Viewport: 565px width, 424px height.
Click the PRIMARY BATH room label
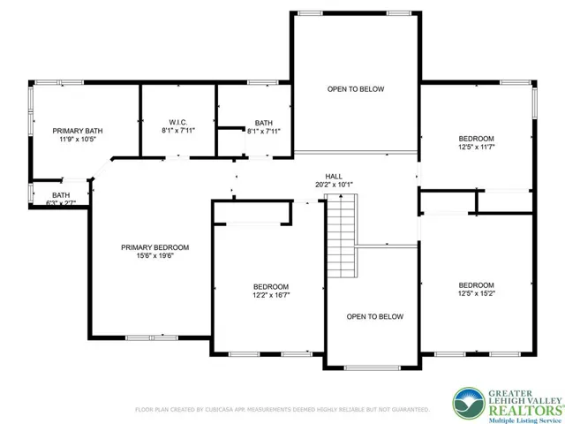coord(78,131)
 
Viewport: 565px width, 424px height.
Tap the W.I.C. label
coord(178,123)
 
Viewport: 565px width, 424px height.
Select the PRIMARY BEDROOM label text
coord(155,247)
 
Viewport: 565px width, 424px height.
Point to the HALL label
coord(334,177)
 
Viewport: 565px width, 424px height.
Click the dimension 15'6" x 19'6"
coord(155,256)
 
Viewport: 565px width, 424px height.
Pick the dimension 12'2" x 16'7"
coord(271,295)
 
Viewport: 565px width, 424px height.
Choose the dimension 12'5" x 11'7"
coord(477,148)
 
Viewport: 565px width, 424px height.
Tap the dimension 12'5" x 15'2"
coord(477,293)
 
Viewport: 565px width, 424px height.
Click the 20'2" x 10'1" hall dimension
coord(334,185)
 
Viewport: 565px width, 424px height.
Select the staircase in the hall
coord(342,236)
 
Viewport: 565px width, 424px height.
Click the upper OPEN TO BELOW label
coord(356,89)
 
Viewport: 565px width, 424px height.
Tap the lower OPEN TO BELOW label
coord(374,316)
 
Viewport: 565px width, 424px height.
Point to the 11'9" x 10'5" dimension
coord(78,139)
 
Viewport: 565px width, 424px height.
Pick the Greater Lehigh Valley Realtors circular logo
coord(469,404)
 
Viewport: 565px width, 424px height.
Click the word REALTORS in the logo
coord(525,411)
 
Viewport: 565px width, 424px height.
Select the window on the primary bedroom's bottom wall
coord(152,337)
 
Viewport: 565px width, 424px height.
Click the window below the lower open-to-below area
coord(372,368)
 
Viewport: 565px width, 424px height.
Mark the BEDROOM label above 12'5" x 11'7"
coord(477,139)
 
